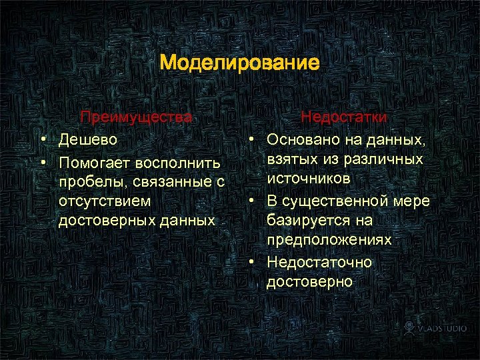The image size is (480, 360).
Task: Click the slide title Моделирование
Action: (x=240, y=64)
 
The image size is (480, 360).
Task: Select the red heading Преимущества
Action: (x=136, y=117)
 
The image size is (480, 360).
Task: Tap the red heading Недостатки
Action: (x=343, y=117)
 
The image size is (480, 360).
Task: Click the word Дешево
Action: (x=88, y=139)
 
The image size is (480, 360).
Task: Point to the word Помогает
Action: (x=95, y=163)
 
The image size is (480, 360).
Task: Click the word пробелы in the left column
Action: (x=86, y=182)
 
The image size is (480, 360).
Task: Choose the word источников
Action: (x=309, y=179)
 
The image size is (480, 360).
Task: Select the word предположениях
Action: (x=329, y=240)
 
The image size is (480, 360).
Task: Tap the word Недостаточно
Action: (x=319, y=262)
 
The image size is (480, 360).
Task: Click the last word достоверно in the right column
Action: (x=309, y=282)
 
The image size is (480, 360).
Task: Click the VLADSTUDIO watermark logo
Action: (x=433, y=328)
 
